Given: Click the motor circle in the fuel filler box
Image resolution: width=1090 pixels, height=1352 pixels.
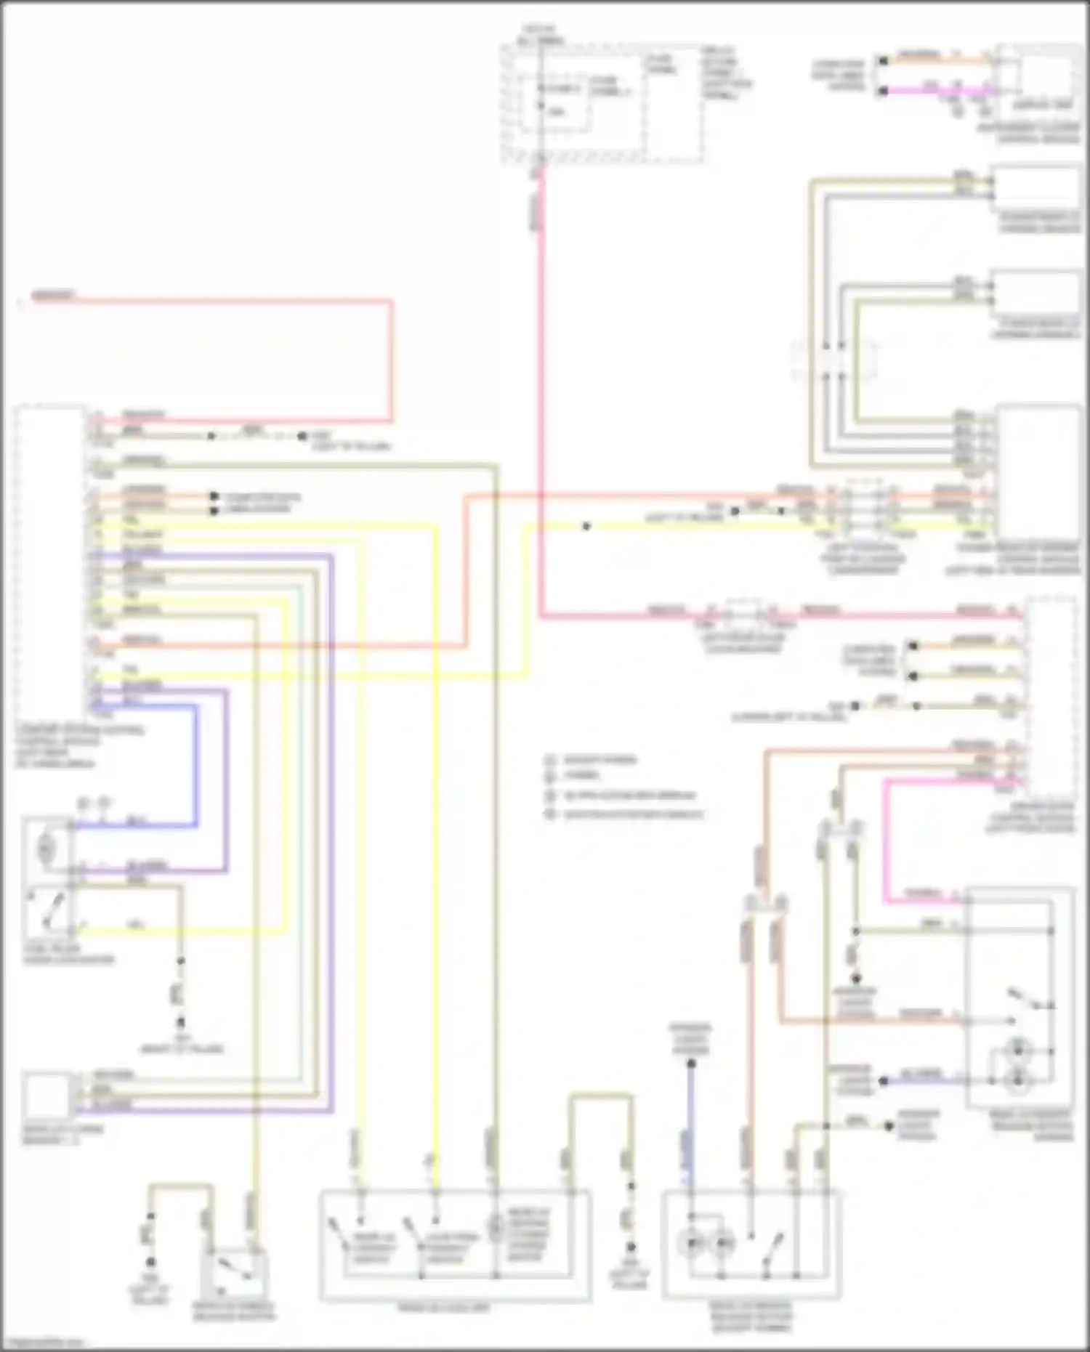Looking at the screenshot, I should (x=46, y=849).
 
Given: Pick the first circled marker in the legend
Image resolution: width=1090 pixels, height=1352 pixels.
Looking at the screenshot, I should (x=550, y=761).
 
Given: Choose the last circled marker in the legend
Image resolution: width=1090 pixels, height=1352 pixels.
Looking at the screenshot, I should (x=550, y=814).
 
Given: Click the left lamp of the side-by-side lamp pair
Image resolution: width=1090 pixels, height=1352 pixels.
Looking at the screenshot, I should (x=691, y=1244).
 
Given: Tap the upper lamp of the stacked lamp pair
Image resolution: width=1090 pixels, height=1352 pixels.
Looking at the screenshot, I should (x=1018, y=1049).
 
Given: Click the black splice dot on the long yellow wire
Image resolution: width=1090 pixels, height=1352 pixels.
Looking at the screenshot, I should (x=586, y=526).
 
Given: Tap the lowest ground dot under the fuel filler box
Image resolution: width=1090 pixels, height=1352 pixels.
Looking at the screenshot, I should (x=181, y=1021).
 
